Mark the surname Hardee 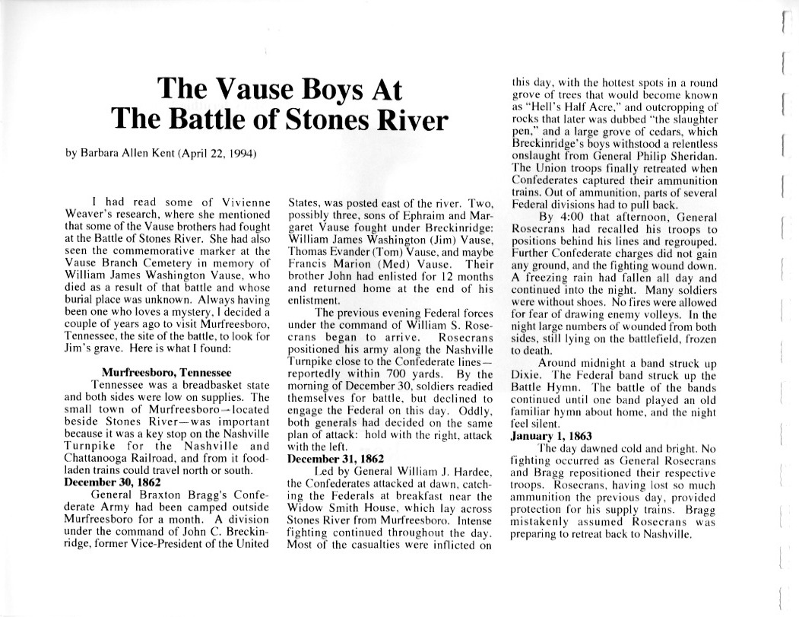475,470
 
